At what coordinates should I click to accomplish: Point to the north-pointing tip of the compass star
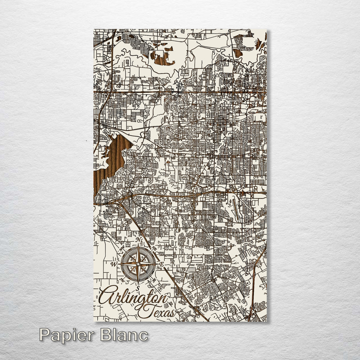point(138,245)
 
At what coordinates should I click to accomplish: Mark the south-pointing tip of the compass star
point(138,283)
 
